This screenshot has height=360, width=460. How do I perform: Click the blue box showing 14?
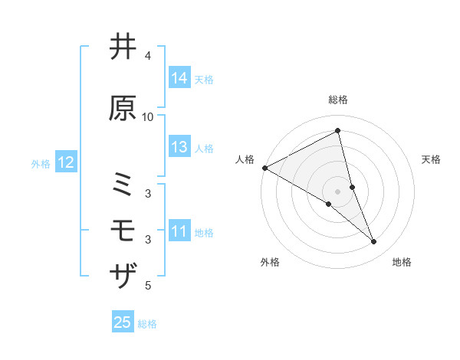pos(179,78)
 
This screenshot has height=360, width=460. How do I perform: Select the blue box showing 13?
pos(179,147)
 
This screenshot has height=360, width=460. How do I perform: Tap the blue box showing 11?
pos(179,231)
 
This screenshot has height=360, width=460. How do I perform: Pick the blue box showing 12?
pos(64,162)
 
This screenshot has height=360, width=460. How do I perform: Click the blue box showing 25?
pos(123,322)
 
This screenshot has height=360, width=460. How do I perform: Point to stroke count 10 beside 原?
pos(148,117)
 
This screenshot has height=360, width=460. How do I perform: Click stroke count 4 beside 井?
pos(148,56)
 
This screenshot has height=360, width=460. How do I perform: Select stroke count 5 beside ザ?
pos(148,286)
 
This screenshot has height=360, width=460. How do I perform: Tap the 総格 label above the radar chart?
pos(338,100)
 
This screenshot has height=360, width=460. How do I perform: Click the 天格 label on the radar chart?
pos(432,159)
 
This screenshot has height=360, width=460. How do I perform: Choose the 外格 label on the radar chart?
pos(270,262)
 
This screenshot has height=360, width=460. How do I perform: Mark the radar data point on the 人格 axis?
pos(264,168)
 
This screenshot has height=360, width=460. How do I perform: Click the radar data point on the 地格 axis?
pos(374,242)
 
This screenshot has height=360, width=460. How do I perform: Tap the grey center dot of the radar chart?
pos(338,191)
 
